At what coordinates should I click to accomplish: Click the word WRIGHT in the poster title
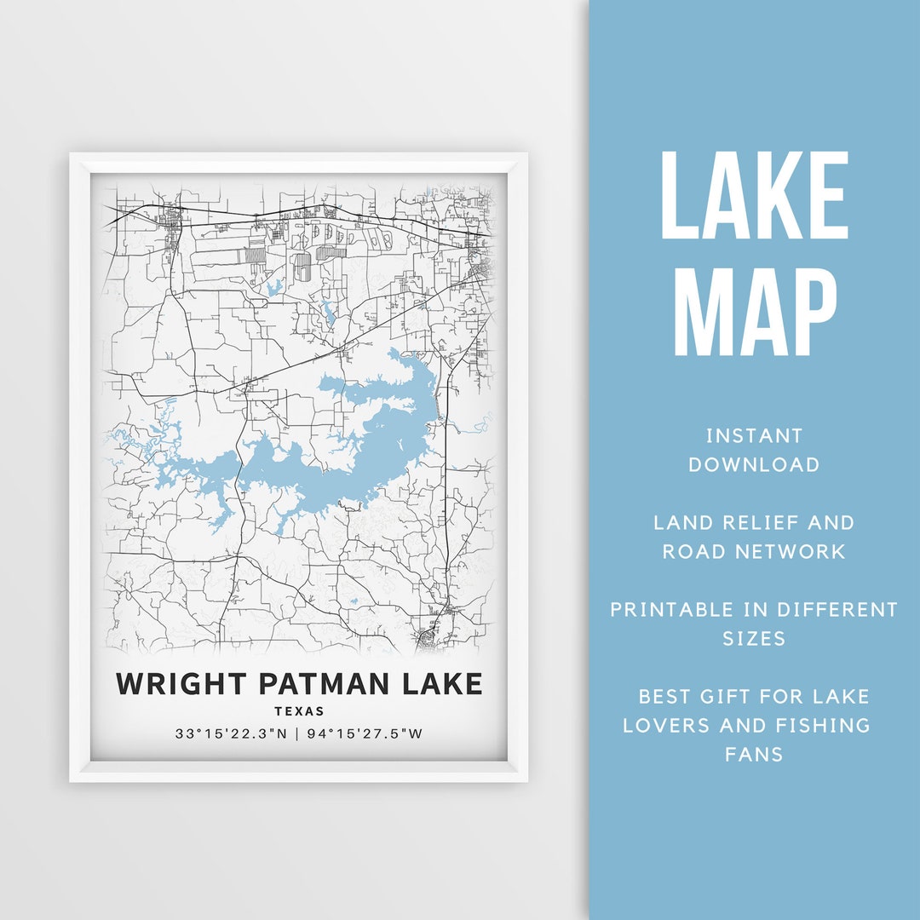(x=175, y=684)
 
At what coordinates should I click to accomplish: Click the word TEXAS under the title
(x=299, y=711)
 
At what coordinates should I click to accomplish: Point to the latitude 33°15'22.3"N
(x=232, y=733)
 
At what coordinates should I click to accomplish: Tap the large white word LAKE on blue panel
(x=754, y=196)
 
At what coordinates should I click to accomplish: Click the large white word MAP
(x=754, y=313)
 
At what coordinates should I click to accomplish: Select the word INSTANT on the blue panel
(x=754, y=436)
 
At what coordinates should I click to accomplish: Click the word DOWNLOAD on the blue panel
(x=754, y=465)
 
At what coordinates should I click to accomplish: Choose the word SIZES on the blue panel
(x=754, y=639)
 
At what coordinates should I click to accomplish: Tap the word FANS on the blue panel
(x=754, y=755)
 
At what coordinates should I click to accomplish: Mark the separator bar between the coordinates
(x=296, y=733)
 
